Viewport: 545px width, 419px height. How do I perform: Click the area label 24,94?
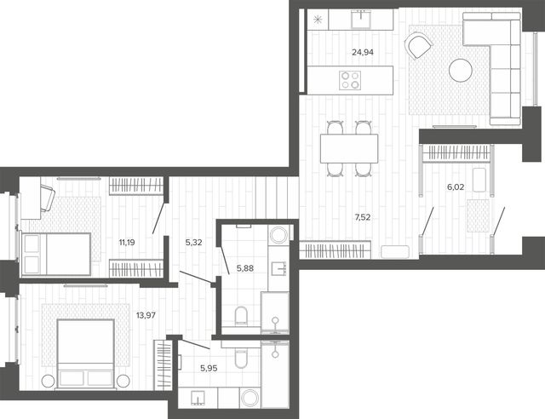coord(363,52)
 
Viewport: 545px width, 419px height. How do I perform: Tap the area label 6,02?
coord(456,187)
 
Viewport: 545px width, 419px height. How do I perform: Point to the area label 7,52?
coord(362,217)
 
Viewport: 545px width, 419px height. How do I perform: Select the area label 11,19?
coord(127,243)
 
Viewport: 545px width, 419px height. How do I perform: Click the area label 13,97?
coord(146,315)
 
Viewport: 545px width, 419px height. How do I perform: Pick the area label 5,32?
coord(193,243)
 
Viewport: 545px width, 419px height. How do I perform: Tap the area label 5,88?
coord(245,268)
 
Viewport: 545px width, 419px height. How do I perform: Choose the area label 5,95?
coord(209,368)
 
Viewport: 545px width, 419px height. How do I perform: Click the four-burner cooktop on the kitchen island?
coord(350,80)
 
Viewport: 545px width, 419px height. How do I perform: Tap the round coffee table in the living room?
coord(460,70)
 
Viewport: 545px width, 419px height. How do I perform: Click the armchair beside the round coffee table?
coord(418,45)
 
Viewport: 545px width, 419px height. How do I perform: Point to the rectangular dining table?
coord(349,148)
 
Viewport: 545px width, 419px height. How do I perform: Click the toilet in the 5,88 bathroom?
coord(241,316)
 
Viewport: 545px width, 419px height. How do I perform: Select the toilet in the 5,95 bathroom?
coord(240,359)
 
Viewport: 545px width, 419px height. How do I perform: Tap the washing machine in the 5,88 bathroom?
coord(278,235)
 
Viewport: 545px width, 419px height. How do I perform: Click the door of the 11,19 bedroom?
coord(158,218)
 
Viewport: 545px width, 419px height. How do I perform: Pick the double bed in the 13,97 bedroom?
coord(86,353)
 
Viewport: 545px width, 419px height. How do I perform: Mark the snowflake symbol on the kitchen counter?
coord(318,20)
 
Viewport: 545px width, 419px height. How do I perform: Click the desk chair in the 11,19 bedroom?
coord(48,198)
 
